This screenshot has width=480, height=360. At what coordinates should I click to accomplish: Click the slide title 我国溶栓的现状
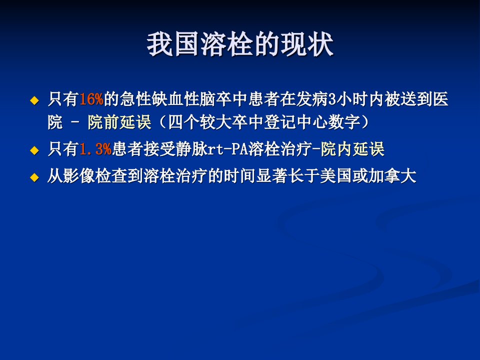[240, 44]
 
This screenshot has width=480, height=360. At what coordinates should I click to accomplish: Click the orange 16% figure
[91, 99]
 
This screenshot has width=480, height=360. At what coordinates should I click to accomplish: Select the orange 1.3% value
[95, 149]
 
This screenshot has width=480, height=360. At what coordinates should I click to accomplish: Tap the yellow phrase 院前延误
[119, 122]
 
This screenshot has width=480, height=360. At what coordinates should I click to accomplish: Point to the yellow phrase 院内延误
[352, 149]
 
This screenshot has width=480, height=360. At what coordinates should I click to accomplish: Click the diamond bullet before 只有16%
[34, 100]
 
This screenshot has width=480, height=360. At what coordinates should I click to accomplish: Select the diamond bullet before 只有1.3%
[34, 150]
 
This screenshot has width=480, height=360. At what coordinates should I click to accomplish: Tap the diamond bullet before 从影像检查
[34, 177]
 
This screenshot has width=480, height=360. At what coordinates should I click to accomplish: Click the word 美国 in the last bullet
[336, 176]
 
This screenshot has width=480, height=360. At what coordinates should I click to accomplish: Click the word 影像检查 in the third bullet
[95, 176]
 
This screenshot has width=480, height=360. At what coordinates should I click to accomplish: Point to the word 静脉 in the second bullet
[191, 149]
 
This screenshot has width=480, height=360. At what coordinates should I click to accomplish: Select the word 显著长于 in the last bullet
[288, 176]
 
